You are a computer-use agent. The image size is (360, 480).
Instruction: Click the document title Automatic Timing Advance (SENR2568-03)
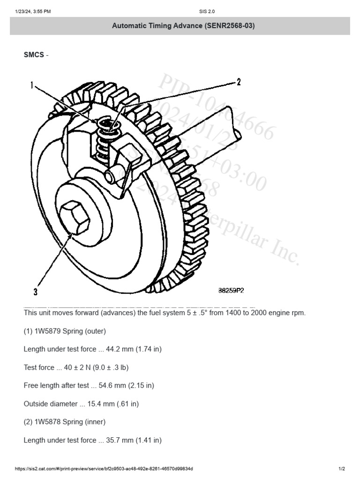pyautogui.click(x=183, y=26)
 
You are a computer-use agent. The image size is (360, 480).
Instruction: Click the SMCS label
pyautogui.click(x=34, y=55)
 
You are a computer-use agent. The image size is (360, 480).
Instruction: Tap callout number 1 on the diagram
pyautogui.click(x=33, y=85)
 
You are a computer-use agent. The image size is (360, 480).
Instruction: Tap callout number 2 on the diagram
pyautogui.click(x=238, y=82)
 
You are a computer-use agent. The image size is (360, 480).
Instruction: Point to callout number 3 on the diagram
pyautogui.click(x=35, y=292)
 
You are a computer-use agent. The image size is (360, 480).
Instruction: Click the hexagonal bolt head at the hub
pyautogui.click(x=75, y=217)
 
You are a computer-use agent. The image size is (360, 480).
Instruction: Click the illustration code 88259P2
pyautogui.click(x=231, y=291)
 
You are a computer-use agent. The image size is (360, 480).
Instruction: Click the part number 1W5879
pyautogui.click(x=47, y=331)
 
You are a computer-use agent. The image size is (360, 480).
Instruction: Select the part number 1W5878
pyautogui.click(x=47, y=422)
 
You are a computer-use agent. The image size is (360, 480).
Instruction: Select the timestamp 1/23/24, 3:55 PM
pyautogui.click(x=33, y=11)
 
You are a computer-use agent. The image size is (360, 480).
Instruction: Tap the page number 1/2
pyautogui.click(x=342, y=469)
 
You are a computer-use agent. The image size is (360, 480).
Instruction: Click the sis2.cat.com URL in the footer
pyautogui.click(x=104, y=469)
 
